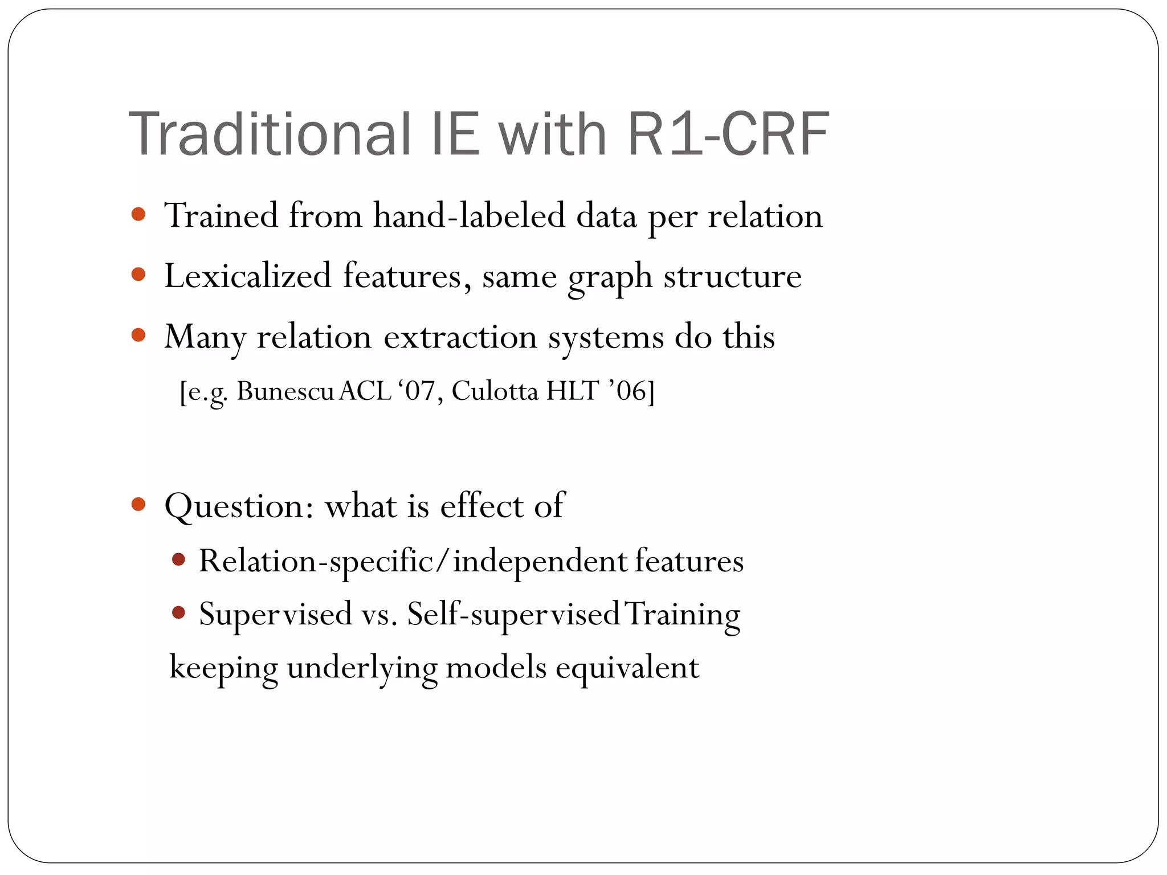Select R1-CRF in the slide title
coord(728,134)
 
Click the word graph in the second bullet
coord(610,277)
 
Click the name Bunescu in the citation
coord(285,391)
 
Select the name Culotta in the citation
coord(495,391)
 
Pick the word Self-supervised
coord(513,615)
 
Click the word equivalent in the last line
coord(627,668)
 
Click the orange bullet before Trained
coord(138,215)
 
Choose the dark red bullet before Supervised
coord(178,613)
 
